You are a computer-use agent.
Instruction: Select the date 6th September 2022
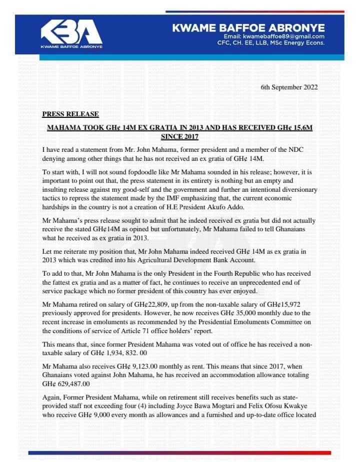[289, 87]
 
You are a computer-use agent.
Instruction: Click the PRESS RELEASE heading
[70, 114]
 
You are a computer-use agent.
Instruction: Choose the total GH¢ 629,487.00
[66, 384]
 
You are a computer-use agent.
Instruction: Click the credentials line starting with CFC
[271, 43]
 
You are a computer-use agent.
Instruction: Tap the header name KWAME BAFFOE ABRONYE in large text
[248, 28]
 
